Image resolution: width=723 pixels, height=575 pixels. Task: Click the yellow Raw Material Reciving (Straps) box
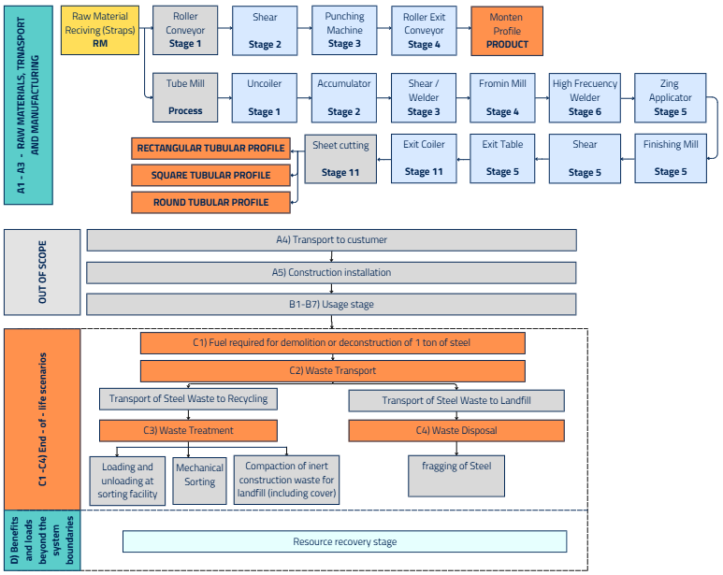coord(100,30)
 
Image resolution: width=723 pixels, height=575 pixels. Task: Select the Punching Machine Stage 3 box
coord(344,30)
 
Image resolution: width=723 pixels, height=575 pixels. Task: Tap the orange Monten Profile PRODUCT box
coord(506,30)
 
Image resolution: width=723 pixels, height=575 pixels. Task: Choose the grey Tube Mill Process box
coord(185,97)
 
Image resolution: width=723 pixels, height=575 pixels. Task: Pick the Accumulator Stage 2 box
coord(344,97)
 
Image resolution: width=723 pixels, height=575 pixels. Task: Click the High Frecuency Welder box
coord(585,97)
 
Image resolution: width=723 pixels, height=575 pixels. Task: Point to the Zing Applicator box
coord(670,97)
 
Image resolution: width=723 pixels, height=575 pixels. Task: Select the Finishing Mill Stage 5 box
coord(670,158)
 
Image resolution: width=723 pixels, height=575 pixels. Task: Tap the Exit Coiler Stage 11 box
coord(424,158)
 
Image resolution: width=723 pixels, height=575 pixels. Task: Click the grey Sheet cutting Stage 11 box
coord(340,158)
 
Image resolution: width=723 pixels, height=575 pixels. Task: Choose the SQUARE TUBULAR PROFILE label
coord(210,175)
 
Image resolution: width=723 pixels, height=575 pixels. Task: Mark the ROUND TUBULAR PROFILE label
coord(210,202)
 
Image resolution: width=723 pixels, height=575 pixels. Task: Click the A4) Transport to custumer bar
coord(331,239)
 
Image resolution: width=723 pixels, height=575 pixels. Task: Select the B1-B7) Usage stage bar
coord(331,305)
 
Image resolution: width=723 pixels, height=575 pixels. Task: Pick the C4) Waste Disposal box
coord(456,430)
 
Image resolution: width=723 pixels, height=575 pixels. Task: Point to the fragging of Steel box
coord(456,475)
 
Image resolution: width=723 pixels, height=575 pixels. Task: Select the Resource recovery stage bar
coord(344,541)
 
